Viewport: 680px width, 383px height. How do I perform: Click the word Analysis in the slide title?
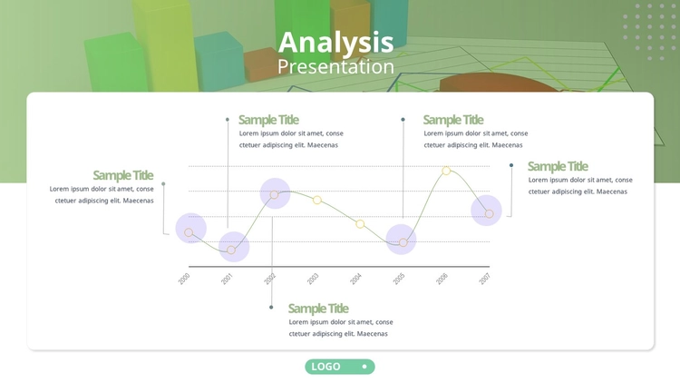(x=335, y=43)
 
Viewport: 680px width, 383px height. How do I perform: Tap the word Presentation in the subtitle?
(x=335, y=67)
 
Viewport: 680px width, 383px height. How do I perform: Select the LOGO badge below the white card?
(x=340, y=367)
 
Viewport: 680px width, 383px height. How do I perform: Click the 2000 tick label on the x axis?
(x=184, y=279)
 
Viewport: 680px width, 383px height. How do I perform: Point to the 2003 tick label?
(x=313, y=279)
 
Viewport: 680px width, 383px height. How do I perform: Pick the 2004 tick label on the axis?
(x=356, y=279)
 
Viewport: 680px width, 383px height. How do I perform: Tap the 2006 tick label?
(x=442, y=279)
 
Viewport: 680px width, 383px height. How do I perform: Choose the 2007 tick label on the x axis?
(x=485, y=279)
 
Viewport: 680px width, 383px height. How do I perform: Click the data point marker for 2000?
(x=189, y=232)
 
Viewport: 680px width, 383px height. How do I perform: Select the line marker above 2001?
(x=231, y=250)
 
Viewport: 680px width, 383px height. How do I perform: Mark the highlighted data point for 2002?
(x=274, y=195)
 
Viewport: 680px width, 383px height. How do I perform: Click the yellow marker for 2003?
(x=317, y=200)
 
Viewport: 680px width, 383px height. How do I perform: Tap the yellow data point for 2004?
(x=360, y=224)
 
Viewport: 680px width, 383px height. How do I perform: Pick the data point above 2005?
(x=403, y=242)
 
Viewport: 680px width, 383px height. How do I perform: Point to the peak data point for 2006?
(x=446, y=172)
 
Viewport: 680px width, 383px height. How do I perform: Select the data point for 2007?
(x=490, y=213)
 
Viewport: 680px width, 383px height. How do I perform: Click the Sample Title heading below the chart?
(x=318, y=309)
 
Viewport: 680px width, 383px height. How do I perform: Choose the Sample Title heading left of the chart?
(x=123, y=175)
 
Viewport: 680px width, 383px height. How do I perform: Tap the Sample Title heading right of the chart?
(x=558, y=166)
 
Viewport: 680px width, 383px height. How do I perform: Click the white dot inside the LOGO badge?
(x=364, y=367)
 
